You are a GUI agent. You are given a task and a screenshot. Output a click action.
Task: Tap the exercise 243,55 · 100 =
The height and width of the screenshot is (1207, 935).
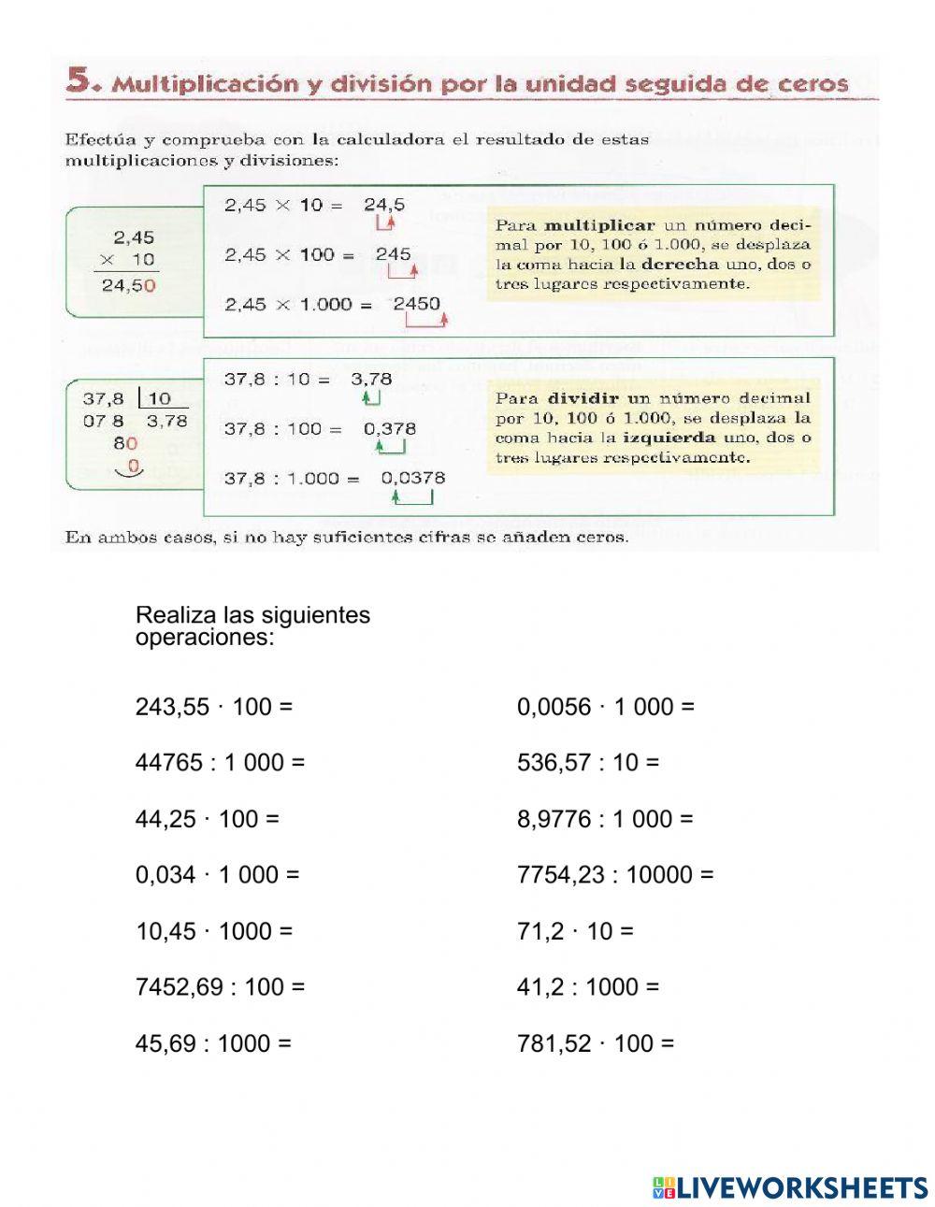pyautogui.click(x=214, y=707)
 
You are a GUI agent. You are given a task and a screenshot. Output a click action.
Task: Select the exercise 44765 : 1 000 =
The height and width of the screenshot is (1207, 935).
pyautogui.click(x=220, y=763)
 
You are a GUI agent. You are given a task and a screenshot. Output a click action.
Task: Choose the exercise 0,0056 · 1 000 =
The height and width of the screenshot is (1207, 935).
pyautogui.click(x=605, y=707)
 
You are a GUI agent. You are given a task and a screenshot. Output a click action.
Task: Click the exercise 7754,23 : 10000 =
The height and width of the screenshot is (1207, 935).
pyautogui.click(x=614, y=875)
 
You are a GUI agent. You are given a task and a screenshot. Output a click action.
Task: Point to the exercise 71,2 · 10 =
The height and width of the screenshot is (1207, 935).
pyautogui.click(x=575, y=931)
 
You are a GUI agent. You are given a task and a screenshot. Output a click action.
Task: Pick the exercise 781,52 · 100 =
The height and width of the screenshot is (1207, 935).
pyautogui.click(x=595, y=1043)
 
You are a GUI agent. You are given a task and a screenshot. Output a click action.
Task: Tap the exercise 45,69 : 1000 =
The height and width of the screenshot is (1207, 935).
pyautogui.click(x=213, y=1043)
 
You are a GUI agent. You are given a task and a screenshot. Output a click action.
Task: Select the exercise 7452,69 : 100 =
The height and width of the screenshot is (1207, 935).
pyautogui.click(x=220, y=987)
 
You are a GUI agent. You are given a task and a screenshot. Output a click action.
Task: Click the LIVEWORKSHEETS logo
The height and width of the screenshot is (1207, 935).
pyautogui.click(x=790, y=1187)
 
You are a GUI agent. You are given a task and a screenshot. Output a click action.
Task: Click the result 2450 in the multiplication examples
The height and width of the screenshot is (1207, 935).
pyautogui.click(x=416, y=304)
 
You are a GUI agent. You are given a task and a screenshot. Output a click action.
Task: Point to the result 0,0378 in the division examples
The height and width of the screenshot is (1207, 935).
pyautogui.click(x=413, y=478)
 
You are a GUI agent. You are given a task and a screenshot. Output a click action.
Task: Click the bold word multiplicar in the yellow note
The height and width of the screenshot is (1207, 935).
pyautogui.click(x=599, y=225)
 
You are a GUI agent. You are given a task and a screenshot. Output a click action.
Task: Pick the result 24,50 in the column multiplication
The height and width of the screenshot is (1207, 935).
pyautogui.click(x=128, y=286)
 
